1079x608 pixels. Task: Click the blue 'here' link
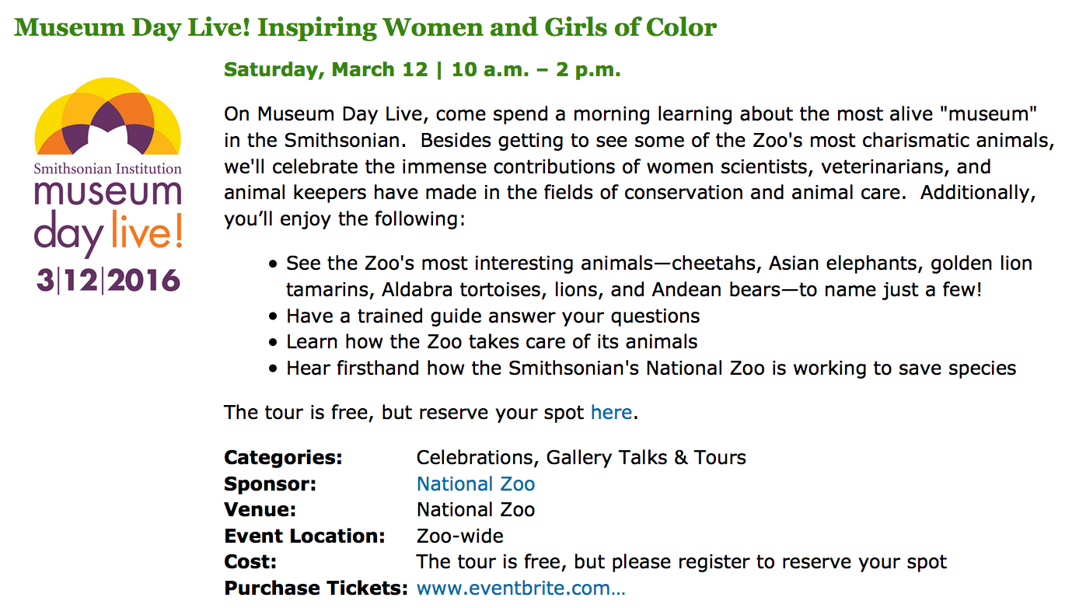(x=611, y=412)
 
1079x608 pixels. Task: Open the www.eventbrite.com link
(x=521, y=589)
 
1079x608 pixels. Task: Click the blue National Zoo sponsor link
(x=476, y=484)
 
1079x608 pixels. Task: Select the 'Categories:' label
(x=283, y=458)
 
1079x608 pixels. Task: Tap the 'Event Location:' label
(x=305, y=536)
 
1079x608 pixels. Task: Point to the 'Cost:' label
(x=250, y=562)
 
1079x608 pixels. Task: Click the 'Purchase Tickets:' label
(x=316, y=589)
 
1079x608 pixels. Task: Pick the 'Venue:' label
(x=260, y=510)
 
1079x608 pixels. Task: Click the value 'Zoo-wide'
(x=460, y=536)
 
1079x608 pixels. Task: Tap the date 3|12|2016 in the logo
(x=108, y=281)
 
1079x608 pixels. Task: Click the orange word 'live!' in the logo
(x=147, y=231)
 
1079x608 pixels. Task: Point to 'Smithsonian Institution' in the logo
(x=108, y=169)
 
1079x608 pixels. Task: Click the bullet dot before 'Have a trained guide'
(x=274, y=316)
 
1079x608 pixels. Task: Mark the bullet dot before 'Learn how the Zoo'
(x=274, y=343)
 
